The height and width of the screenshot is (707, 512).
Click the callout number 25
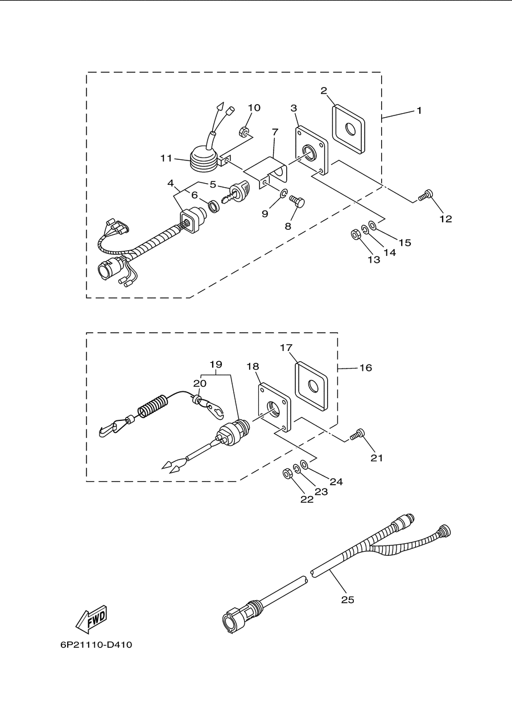348,599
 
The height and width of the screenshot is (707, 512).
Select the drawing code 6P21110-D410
96,654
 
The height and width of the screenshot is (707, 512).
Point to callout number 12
445,219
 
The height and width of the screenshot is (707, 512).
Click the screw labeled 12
425,195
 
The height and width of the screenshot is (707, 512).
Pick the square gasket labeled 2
349,130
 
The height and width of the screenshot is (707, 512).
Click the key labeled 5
236,193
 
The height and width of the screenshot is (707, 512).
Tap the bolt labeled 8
297,201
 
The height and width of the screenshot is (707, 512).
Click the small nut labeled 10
244,131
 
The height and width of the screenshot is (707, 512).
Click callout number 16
366,367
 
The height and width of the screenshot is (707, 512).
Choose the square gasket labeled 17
311,386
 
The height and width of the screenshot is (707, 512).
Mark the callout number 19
216,365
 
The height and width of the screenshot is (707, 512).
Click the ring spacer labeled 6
215,206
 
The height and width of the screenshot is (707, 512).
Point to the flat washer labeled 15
373,226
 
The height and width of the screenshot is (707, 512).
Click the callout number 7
275,132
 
